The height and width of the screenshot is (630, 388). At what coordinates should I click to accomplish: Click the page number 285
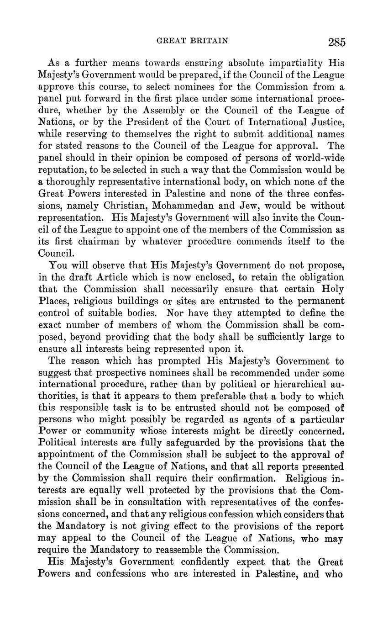(x=336, y=42)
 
